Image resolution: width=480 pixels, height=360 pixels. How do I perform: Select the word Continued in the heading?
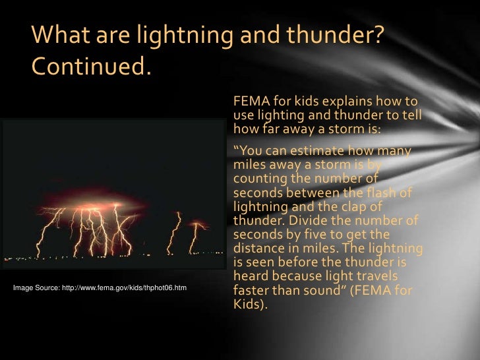pyautogui.click(x=90, y=67)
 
